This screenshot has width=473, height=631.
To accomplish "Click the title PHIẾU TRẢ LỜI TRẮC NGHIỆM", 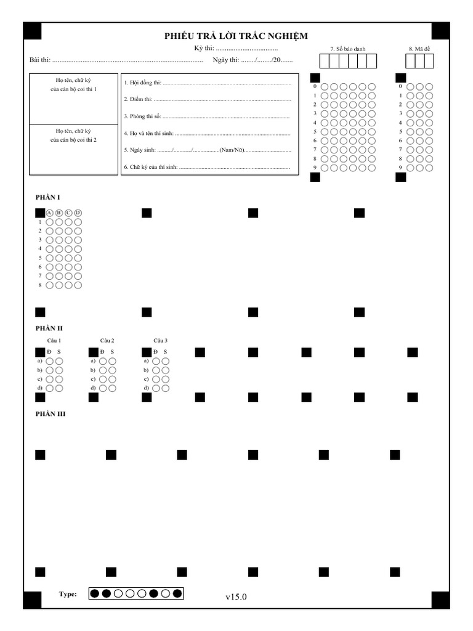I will (x=236, y=36).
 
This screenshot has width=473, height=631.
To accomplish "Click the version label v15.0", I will (x=236, y=596).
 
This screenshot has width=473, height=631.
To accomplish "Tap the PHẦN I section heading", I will (x=47, y=197).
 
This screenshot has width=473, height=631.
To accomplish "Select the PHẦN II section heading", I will (x=49, y=328).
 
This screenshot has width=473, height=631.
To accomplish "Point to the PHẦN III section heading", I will (x=50, y=414).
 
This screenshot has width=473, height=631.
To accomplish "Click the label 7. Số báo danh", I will (x=347, y=49).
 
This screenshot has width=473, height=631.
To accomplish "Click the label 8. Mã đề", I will (x=419, y=49).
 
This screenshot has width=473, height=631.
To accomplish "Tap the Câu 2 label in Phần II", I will (x=107, y=340).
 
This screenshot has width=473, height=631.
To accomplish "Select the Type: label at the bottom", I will (x=68, y=594).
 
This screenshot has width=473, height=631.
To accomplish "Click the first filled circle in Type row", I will (x=95, y=594).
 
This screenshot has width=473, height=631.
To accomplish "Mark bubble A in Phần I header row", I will (x=49, y=213).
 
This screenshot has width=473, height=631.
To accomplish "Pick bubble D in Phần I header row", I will (x=78, y=213).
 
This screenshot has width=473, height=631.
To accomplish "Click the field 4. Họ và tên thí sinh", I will (x=207, y=133).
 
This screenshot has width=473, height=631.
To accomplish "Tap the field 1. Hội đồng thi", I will (x=207, y=83).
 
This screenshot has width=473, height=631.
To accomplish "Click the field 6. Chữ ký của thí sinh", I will (x=207, y=167).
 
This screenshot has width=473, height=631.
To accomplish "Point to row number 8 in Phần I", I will (x=40, y=285).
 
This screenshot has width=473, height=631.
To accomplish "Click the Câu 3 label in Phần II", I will (x=160, y=340).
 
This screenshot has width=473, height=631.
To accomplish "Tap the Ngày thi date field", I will (x=266, y=60).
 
